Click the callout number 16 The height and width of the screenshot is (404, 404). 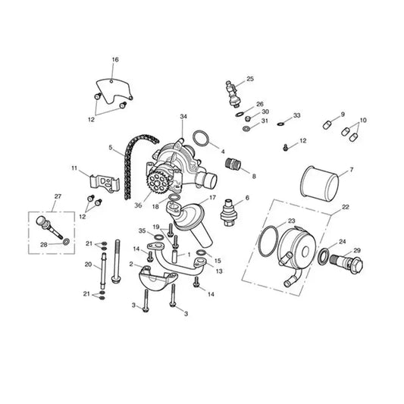tap(115, 60)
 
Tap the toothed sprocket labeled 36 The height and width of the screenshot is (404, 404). tap(156, 183)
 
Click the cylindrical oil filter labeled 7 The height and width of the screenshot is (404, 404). tap(320, 182)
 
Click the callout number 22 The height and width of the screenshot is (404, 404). tap(345, 207)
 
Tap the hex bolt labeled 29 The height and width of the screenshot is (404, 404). tap(346, 262)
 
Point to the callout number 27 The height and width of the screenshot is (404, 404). tap(58, 196)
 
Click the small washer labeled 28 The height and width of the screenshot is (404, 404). tap(66, 242)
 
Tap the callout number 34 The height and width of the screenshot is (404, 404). tap(183, 117)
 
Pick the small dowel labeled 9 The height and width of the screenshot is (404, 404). tap(327, 125)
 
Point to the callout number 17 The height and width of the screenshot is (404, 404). tap(212, 198)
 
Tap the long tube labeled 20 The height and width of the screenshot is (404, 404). tap(103, 271)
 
